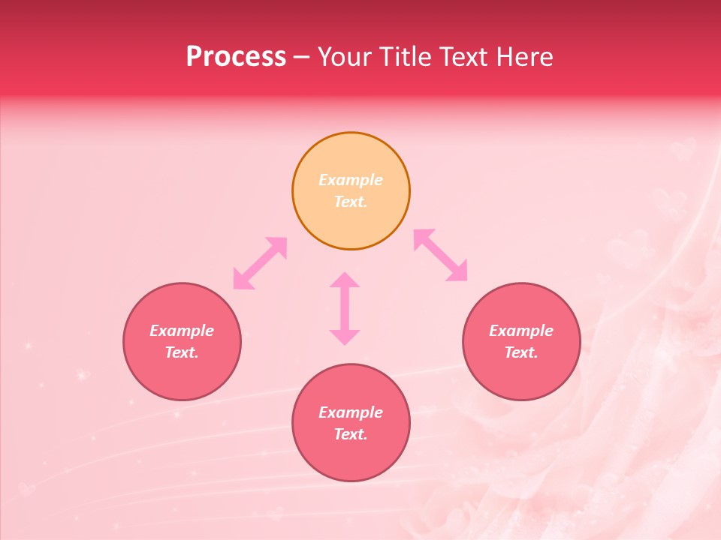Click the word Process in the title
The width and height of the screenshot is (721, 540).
click(236, 57)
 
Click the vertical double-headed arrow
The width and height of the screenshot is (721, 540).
click(345, 308)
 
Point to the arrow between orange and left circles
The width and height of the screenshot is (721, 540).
click(260, 263)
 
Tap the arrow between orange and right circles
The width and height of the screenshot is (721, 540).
click(441, 255)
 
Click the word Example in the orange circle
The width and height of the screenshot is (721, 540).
click(351, 180)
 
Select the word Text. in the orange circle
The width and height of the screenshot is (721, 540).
click(351, 202)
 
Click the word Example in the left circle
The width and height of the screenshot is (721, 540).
click(182, 331)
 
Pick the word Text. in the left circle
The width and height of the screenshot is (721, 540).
click(182, 352)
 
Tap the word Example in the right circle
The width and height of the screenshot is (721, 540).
click(521, 331)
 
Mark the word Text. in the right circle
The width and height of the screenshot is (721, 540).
click(521, 352)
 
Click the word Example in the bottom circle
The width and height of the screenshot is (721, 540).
click(351, 412)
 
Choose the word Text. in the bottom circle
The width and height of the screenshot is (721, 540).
click(351, 434)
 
